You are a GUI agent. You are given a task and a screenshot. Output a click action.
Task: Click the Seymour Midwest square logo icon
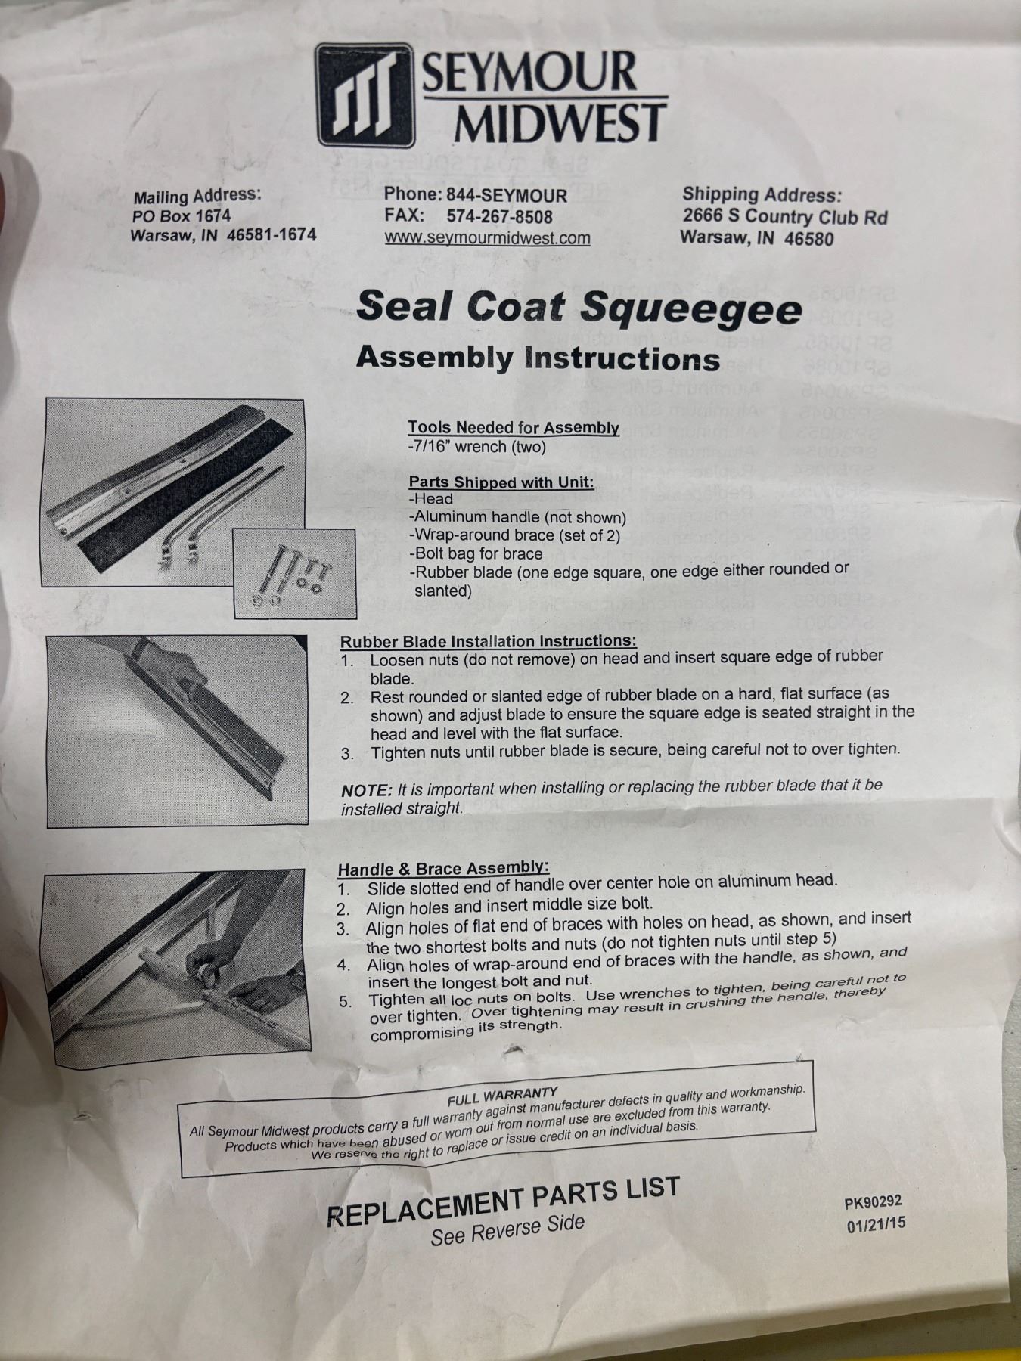pos(366,95)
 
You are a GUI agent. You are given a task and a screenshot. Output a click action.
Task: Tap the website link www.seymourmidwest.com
pos(487,238)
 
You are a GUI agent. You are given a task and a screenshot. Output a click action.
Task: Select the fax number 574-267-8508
pos(499,216)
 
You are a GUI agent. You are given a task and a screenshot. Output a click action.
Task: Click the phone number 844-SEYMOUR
pos(506,195)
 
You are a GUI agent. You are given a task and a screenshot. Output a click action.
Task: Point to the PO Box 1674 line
pos(181,216)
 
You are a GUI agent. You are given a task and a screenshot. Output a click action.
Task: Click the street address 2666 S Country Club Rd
pos(785,217)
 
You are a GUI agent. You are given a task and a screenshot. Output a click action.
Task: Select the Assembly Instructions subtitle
pos(538,358)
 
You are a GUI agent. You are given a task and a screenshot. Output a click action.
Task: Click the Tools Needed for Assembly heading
pos(514,428)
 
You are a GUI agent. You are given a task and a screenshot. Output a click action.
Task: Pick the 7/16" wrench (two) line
pos(476,447)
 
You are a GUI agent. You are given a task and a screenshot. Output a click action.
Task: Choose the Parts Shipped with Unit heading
pos(501,482)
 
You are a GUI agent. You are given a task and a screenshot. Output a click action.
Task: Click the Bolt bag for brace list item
pos(476,553)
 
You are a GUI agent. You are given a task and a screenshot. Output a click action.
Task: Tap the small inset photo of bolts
pos(294,573)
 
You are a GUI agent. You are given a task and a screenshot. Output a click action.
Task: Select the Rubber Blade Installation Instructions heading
pos(488,641)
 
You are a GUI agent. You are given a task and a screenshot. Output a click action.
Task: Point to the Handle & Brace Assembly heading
pos(443,869)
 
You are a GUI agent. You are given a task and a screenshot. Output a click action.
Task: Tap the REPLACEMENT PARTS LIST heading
pos(503,1198)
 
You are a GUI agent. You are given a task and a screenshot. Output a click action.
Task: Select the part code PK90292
pos(874,1203)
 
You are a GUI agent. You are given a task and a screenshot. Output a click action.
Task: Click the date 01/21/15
pos(876,1225)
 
